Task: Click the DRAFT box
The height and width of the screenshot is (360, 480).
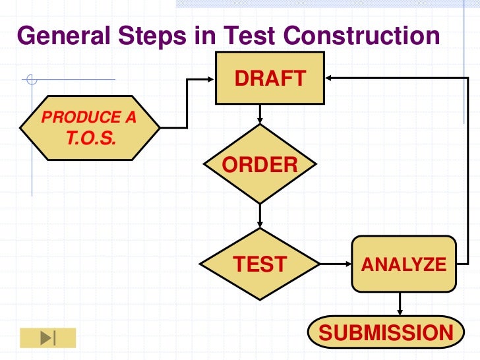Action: tap(270, 78)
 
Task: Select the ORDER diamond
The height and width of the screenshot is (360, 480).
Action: tap(260, 164)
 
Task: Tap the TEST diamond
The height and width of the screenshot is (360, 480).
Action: tap(260, 264)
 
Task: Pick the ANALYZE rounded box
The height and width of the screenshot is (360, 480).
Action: tap(404, 264)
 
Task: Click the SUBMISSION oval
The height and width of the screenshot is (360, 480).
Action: tap(386, 332)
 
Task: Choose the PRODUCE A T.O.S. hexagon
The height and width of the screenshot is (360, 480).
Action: tap(90, 127)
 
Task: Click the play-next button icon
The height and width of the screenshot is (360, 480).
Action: tap(48, 338)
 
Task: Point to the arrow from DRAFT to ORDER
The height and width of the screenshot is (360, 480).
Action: tap(260, 114)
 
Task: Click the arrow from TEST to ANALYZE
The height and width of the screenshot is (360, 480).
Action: tap(336, 264)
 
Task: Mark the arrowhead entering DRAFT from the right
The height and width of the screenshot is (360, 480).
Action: tap(328, 78)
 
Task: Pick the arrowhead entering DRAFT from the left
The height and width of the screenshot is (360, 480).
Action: tap(210, 80)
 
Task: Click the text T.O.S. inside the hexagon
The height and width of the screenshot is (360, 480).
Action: tap(90, 138)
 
